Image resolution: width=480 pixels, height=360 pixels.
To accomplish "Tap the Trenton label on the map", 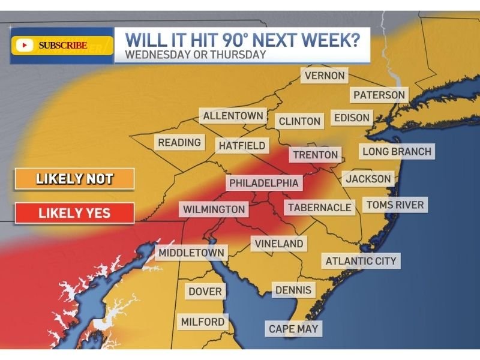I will tap(316, 155).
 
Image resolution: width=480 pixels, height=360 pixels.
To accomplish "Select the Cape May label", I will tap(293, 329).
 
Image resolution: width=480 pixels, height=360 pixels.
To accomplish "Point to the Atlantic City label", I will tap(361, 261).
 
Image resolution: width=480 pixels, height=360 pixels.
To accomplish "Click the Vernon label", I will tap(325, 76).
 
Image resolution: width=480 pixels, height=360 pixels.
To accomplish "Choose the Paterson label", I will tap(379, 95).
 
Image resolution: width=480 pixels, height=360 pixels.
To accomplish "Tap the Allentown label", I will tap(233, 116).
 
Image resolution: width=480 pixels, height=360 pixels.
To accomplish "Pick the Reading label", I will tap(179, 142).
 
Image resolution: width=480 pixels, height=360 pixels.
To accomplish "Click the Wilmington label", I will tap(214, 209).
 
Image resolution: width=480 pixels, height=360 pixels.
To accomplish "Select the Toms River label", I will tap(395, 205).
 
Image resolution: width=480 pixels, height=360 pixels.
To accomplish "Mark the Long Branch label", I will tap(397, 151).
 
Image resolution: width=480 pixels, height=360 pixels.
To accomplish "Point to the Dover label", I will tap(205, 292).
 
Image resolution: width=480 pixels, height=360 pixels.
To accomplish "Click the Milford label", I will tap(203, 322).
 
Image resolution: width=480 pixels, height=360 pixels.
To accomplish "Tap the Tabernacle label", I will tap(319, 208).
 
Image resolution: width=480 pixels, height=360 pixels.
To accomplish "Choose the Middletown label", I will tap(191, 253).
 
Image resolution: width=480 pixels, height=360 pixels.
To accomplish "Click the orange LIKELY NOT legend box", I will tap(74, 179).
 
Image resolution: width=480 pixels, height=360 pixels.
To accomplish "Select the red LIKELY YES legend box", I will tap(74, 213).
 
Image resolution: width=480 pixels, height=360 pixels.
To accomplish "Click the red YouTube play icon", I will tap(25, 45).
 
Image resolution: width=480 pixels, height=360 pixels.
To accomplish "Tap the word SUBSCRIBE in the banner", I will tap(63, 45).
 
